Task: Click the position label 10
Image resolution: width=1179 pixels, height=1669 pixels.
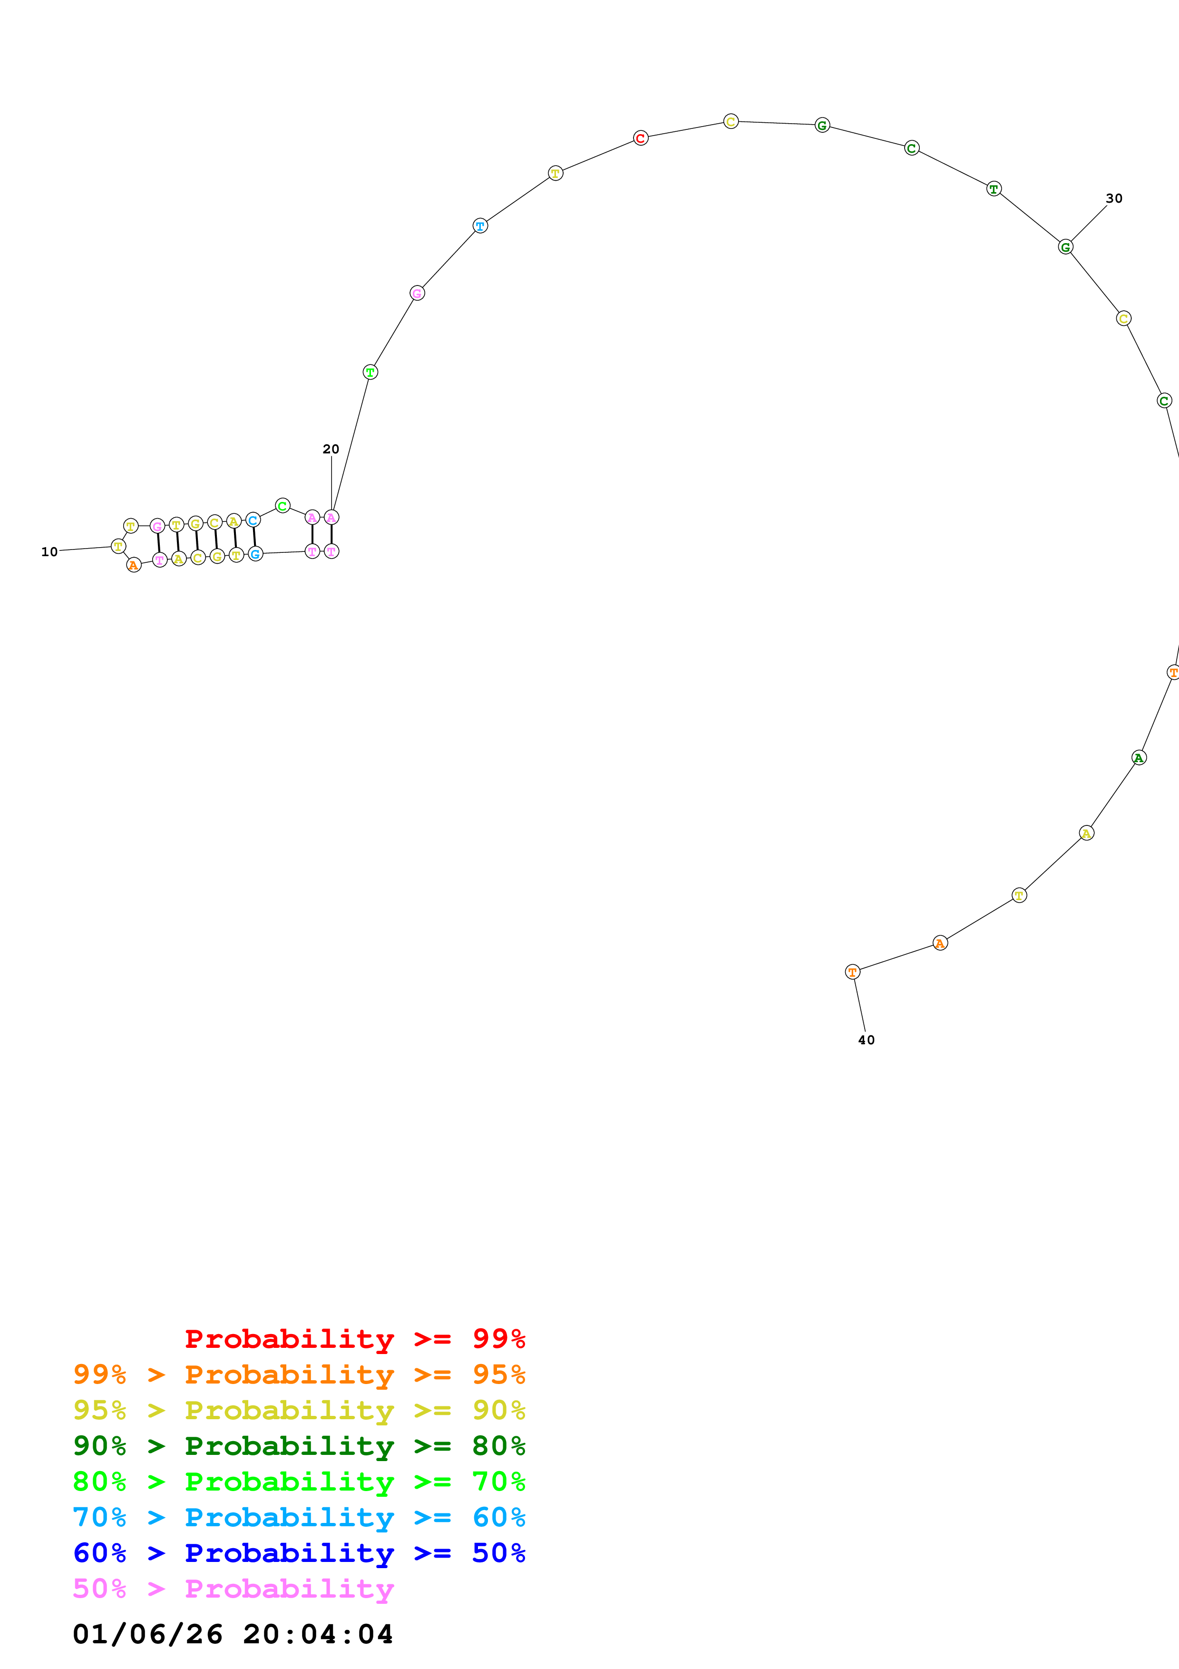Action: [x=49, y=552]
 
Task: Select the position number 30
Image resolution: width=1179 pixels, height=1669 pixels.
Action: [x=1114, y=198]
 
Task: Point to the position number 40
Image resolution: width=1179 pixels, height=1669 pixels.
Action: [x=866, y=1040]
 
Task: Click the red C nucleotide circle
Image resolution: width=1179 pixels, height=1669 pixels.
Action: [x=640, y=138]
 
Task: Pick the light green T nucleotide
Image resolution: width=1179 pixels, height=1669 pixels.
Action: [x=370, y=372]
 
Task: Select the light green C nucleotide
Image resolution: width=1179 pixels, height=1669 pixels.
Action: [x=283, y=505]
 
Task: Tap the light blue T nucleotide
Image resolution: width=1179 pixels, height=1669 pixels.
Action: [x=480, y=226]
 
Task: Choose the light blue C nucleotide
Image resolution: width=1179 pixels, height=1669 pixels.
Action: [x=253, y=520]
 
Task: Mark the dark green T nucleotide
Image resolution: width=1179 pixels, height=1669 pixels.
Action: [x=994, y=189]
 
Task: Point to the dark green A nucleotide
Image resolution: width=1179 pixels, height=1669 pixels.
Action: [x=1138, y=758]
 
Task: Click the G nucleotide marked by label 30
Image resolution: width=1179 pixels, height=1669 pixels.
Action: [x=1065, y=247]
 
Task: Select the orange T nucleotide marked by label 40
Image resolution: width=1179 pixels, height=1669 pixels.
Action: [x=852, y=972]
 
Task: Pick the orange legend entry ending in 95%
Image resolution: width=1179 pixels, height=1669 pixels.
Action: [x=299, y=1374]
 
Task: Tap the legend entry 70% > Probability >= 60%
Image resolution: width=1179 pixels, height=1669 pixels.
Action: [x=299, y=1517]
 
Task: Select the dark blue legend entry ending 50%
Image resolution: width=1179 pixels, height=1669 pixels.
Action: [x=299, y=1553]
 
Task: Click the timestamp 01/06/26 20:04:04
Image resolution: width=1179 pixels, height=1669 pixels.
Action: [x=233, y=1634]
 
